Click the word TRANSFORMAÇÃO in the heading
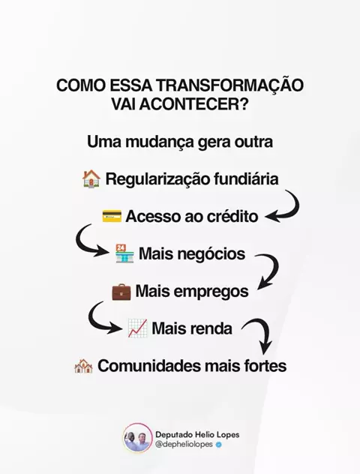click(229, 85)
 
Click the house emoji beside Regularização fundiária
click(91, 179)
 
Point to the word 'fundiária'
click(246, 178)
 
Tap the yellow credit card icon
click(112, 216)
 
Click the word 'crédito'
click(232, 216)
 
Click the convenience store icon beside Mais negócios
click(124, 253)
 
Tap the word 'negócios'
click(207, 254)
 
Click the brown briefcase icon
click(121, 291)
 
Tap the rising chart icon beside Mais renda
click(137, 328)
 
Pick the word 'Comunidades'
click(149, 366)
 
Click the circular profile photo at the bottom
click(137, 438)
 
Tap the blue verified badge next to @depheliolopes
click(219, 445)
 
